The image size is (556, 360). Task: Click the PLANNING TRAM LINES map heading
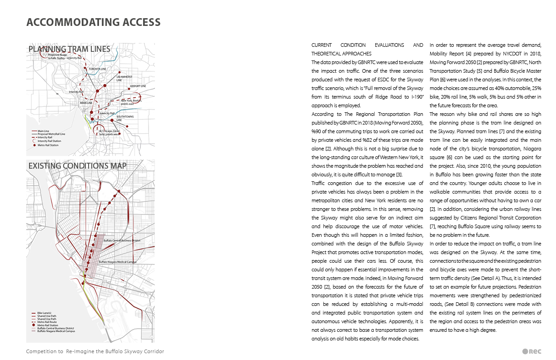pyautogui.click(x=69, y=49)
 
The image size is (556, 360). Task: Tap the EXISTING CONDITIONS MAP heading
pyautogui.click(x=77, y=166)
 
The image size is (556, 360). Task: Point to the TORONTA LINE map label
pyautogui.click(x=97, y=69)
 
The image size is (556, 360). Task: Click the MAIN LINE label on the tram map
pyautogui.click(x=86, y=103)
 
